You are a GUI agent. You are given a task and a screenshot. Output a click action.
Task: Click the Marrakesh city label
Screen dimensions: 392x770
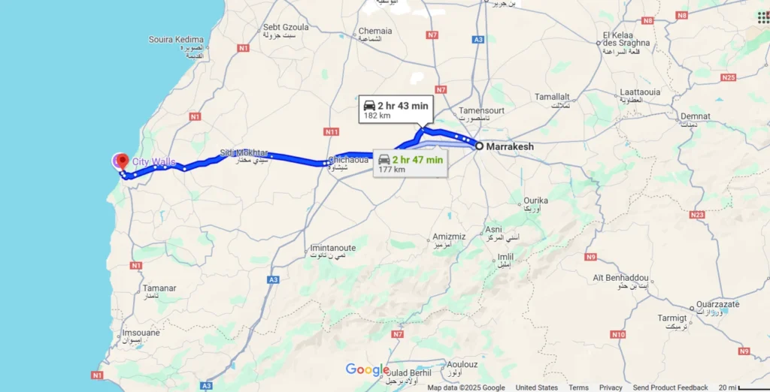[510, 146]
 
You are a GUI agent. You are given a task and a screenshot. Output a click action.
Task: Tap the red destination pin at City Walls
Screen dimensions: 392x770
[122, 161]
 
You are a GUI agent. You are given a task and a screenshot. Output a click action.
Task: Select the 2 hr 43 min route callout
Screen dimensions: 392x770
[395, 110]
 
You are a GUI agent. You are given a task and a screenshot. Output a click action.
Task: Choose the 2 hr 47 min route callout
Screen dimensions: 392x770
[410, 162]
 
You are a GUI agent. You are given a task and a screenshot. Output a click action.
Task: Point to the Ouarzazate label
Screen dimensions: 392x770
[719, 304]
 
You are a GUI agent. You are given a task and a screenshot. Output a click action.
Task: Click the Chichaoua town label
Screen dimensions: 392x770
[348, 159]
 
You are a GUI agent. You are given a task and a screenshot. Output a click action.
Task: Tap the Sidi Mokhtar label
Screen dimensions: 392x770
[244, 153]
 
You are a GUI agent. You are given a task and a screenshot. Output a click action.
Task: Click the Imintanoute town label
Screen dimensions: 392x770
[332, 248]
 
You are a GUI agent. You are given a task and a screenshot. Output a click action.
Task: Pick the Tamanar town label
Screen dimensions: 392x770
[159, 288]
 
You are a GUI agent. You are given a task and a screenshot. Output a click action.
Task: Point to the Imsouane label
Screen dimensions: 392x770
[141, 333]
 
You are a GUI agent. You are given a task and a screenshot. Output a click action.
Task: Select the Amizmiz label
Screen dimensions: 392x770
[449, 237]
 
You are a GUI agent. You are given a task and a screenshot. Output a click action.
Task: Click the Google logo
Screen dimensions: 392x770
[367, 369]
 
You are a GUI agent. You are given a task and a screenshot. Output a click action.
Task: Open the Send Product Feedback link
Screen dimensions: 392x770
[670, 387]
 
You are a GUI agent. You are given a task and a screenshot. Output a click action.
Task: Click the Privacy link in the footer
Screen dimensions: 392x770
[611, 387]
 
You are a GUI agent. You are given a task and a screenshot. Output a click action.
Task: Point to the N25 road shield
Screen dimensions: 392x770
[727, 77]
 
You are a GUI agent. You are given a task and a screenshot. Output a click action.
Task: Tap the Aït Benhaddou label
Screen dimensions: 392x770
[620, 278]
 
